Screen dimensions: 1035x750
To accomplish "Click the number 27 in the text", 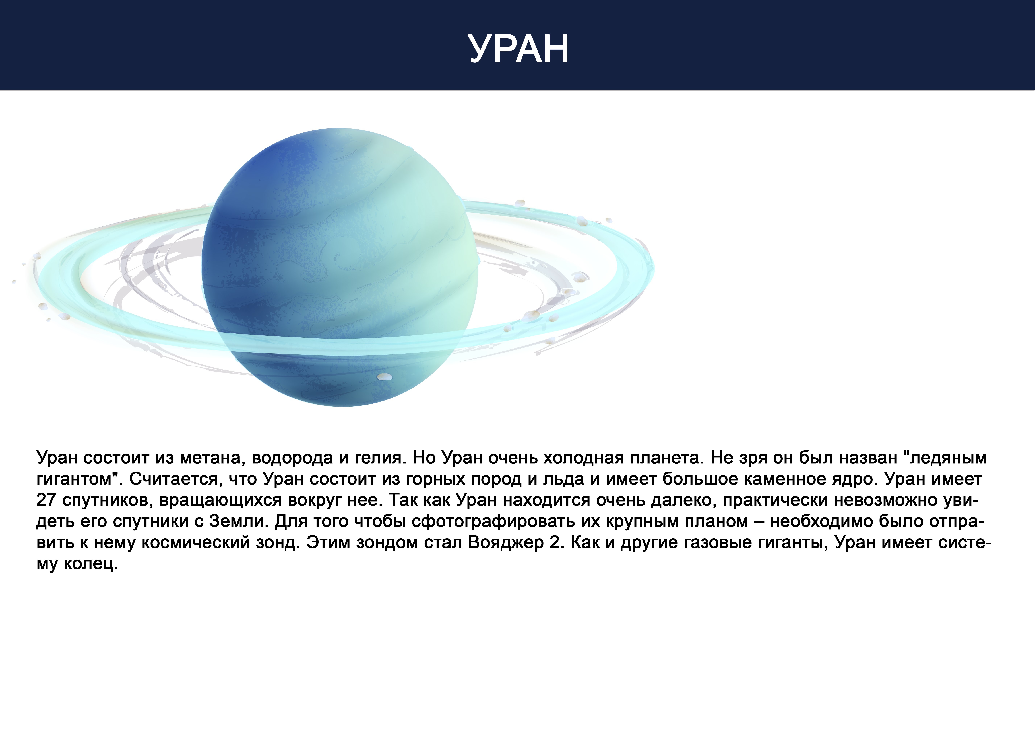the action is point(46,500).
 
